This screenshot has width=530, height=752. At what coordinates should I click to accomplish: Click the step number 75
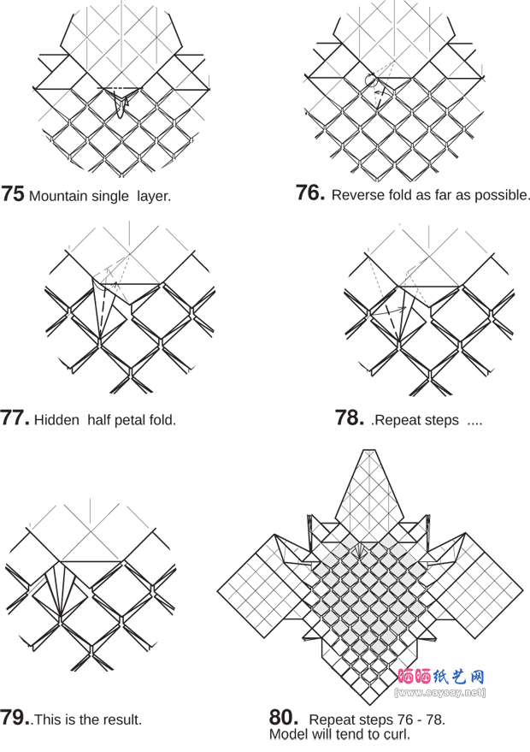click(13, 194)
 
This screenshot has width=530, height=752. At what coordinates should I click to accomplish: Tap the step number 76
click(309, 193)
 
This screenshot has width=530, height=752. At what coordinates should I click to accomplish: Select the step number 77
click(15, 418)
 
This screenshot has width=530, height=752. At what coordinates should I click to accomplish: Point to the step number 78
click(350, 418)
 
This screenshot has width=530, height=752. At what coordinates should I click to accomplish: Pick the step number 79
click(15, 718)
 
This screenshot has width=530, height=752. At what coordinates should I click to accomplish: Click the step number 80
click(283, 717)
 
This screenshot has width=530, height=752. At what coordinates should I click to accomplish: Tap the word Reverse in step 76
click(357, 195)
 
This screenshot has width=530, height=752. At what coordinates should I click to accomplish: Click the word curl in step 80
click(397, 734)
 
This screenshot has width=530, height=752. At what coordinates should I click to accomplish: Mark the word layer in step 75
click(154, 196)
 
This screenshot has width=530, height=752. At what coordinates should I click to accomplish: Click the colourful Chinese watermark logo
click(441, 676)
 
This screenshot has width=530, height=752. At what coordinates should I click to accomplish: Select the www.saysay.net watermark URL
click(441, 691)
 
